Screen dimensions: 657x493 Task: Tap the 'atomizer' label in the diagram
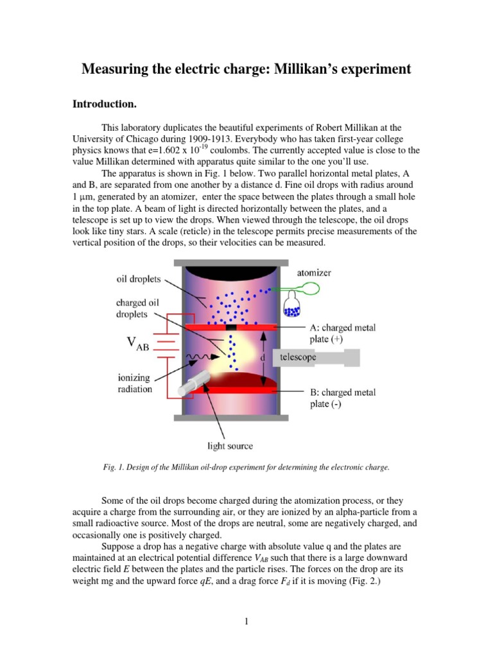coord(314,273)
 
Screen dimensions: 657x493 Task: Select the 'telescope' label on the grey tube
coord(297,357)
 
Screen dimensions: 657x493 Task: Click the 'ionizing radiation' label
coord(134,383)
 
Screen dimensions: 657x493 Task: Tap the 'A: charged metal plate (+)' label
coord(338,333)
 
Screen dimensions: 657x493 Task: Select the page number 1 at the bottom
coord(246,620)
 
